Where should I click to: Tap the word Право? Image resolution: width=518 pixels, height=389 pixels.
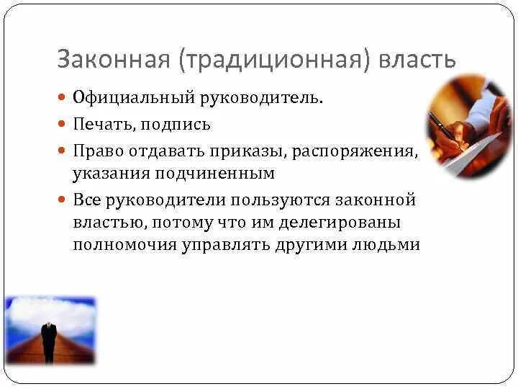tap(94, 152)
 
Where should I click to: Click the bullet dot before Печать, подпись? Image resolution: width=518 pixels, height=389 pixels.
tap(62, 124)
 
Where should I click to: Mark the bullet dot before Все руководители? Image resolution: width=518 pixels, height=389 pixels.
tap(62, 199)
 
